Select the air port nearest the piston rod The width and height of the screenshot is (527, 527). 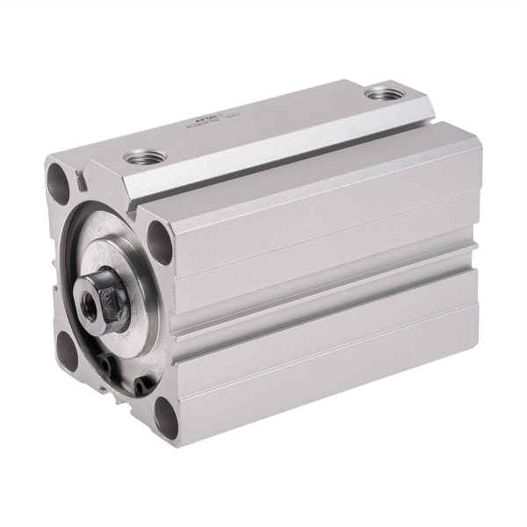tap(139, 157)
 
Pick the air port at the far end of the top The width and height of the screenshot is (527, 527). tap(380, 91)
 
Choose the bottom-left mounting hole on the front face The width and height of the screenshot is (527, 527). tap(68, 350)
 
